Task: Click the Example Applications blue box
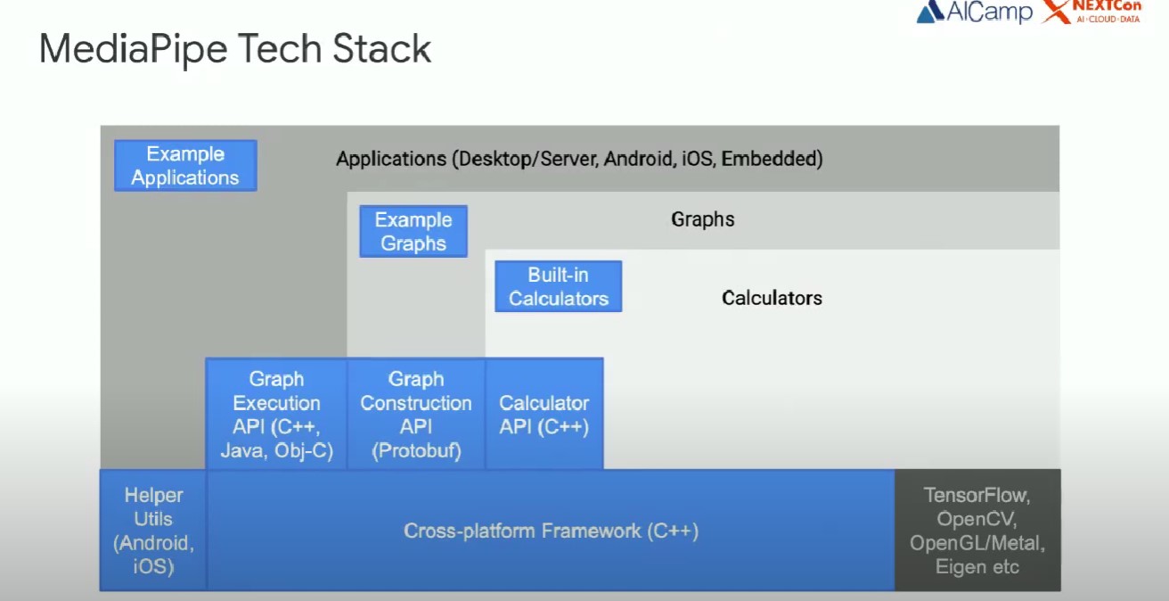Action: pyautogui.click(x=185, y=166)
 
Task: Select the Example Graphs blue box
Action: pyautogui.click(x=413, y=232)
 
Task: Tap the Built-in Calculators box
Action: pyautogui.click(x=558, y=286)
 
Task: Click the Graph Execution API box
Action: pyautogui.click(x=276, y=415)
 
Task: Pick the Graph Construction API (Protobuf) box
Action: pyautogui.click(x=416, y=415)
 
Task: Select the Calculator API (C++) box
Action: pyautogui.click(x=544, y=415)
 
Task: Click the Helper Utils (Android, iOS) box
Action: pyautogui.click(x=153, y=530)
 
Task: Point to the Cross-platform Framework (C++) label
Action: pyautogui.click(x=551, y=531)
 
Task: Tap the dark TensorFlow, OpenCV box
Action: pyautogui.click(x=977, y=530)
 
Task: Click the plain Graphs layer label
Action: pyautogui.click(x=703, y=219)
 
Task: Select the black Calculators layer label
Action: pyautogui.click(x=772, y=298)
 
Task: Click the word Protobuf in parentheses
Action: pyautogui.click(x=416, y=451)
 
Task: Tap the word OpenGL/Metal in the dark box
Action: pyautogui.click(x=977, y=543)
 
